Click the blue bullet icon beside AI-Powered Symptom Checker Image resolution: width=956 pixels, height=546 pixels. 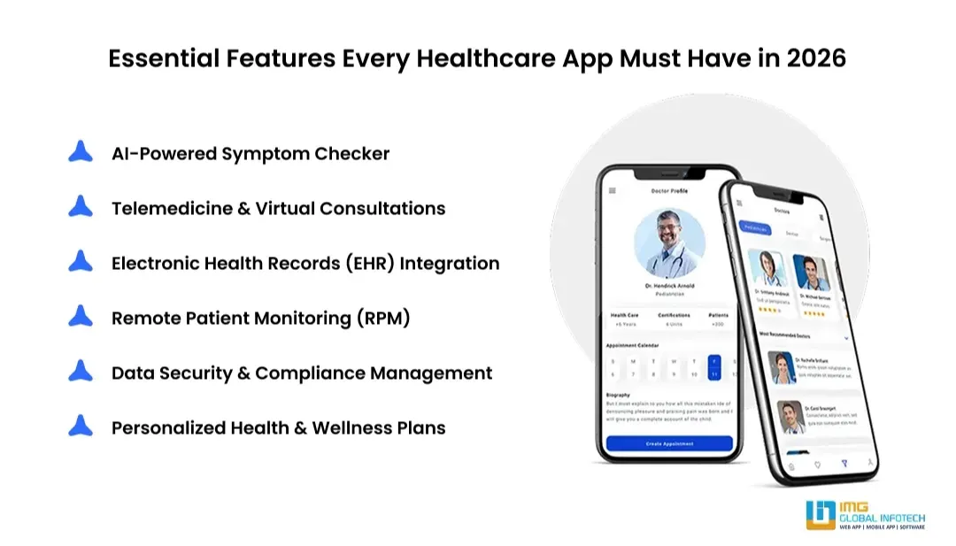click(81, 152)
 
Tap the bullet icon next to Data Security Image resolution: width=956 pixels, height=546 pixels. click(81, 372)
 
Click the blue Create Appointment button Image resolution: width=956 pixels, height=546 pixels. click(669, 443)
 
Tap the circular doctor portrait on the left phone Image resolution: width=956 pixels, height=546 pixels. click(669, 243)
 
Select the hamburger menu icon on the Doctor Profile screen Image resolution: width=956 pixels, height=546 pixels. click(612, 191)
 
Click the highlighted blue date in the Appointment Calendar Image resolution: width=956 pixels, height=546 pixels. click(713, 366)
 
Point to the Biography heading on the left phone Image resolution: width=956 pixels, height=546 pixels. click(619, 395)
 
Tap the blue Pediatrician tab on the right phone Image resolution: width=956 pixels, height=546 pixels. click(755, 228)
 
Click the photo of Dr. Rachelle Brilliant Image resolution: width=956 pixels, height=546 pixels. click(780, 367)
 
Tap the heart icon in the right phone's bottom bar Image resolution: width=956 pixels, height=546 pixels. click(817, 464)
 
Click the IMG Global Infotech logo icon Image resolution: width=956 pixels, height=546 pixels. click(821, 515)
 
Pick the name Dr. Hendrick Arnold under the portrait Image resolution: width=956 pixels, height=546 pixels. click(669, 286)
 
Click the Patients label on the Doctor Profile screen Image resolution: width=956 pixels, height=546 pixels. click(718, 315)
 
